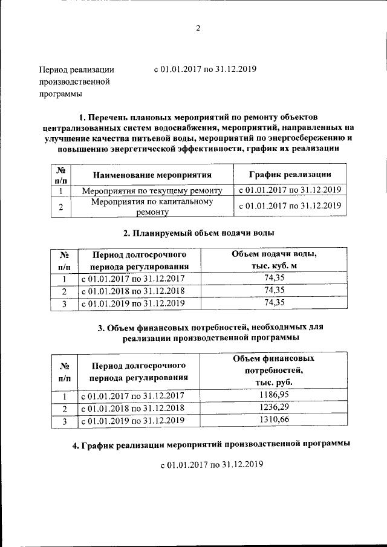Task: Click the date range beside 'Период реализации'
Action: pos(205,69)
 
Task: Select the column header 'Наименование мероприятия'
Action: pos(151,175)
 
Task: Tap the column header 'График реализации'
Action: pos(290,175)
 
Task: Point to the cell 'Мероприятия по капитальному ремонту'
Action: pos(151,207)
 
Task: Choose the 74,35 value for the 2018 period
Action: pos(275,291)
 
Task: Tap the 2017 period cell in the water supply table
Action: pos(132,279)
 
